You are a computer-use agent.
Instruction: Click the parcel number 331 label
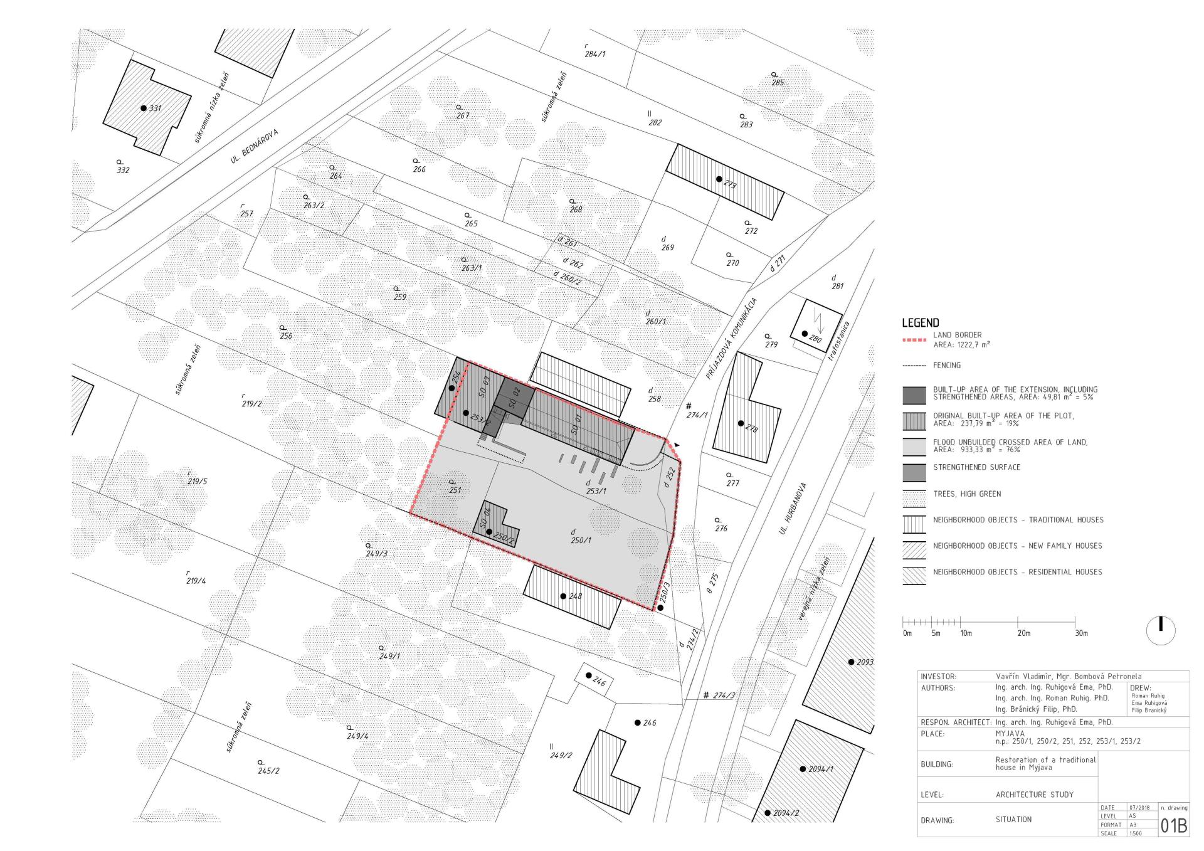155,108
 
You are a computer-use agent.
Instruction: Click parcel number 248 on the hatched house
575,596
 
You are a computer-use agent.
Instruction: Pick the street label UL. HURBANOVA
792,509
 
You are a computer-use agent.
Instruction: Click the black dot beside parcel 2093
851,662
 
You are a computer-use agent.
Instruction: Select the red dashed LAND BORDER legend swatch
914,341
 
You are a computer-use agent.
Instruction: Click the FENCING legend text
947,365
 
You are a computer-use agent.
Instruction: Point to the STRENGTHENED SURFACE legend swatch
914,472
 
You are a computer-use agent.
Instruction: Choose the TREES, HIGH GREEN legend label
967,494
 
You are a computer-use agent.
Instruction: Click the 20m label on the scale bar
1023,633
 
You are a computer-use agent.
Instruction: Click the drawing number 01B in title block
1174,826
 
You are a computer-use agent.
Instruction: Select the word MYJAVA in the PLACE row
1010,733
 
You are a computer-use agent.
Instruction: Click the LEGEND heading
921,323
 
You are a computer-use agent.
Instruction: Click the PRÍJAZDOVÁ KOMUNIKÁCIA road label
732,337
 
